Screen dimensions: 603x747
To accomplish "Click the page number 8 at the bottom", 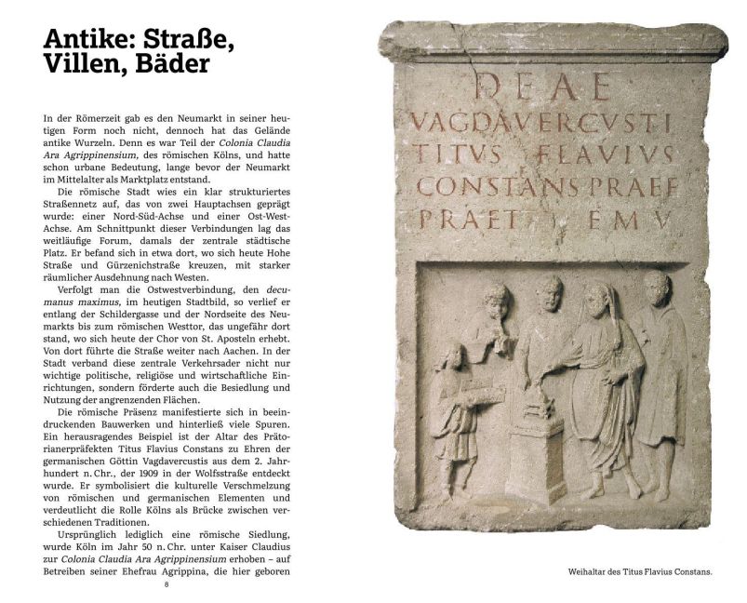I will coord(167,584).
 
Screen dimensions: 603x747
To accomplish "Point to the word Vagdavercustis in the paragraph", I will coord(182,460).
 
